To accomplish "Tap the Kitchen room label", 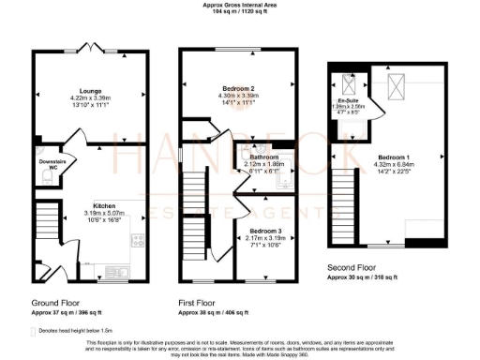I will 103,204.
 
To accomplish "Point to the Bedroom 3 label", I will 265,230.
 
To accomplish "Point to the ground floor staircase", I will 45,225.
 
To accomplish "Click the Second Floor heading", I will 352,270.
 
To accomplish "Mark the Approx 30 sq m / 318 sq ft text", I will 361,279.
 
